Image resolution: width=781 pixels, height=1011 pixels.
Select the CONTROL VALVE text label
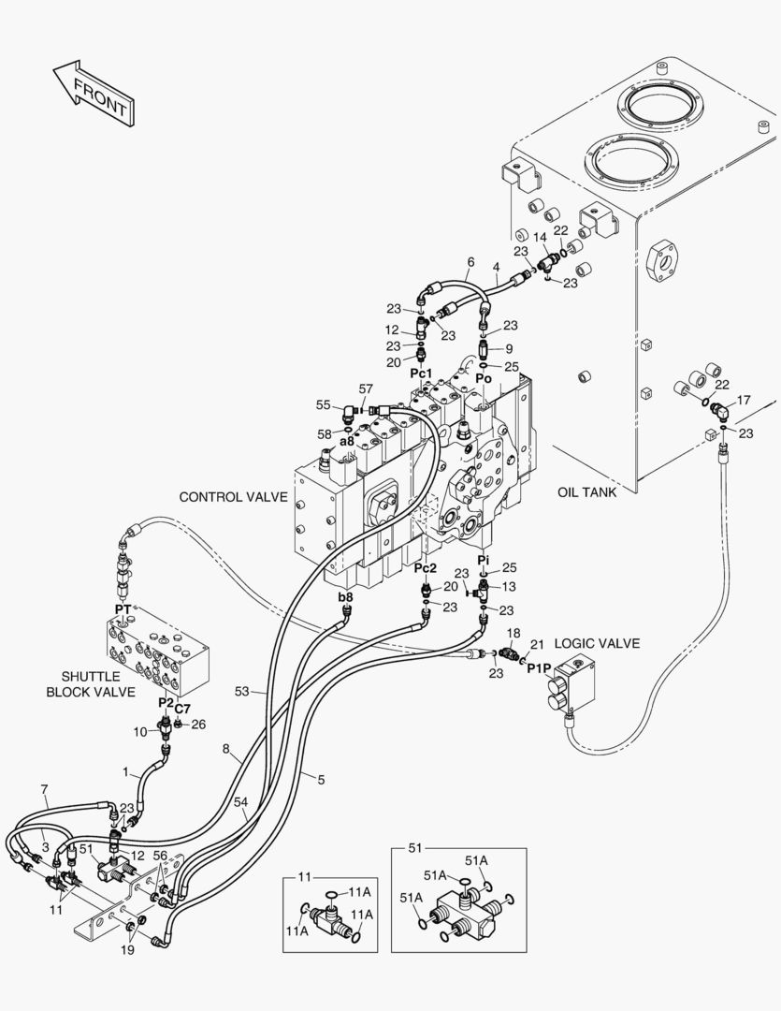pyautogui.click(x=233, y=497)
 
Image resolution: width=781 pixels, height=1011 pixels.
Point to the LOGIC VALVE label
pyautogui.click(x=597, y=643)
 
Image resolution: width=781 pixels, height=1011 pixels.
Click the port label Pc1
pyautogui.click(x=422, y=374)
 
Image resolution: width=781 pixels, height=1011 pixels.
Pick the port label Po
pyautogui.click(x=484, y=378)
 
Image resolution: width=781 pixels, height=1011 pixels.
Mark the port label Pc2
pyautogui.click(x=425, y=568)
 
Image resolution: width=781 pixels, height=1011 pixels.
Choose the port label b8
pyautogui.click(x=345, y=596)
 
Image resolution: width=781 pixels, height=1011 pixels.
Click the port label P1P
pyautogui.click(x=539, y=667)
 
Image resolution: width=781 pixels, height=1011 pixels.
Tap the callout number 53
pyautogui.click(x=242, y=691)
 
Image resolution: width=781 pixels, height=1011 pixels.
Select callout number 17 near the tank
pyautogui.click(x=744, y=401)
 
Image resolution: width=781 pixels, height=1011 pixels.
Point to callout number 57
pyautogui.click(x=365, y=388)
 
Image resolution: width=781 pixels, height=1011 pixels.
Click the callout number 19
pyautogui.click(x=128, y=950)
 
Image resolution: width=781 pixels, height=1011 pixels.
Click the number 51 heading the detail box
pyautogui.click(x=415, y=848)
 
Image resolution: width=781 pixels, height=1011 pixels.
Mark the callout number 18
pyautogui.click(x=513, y=634)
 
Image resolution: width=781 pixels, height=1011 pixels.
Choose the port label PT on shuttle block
pyautogui.click(x=123, y=609)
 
